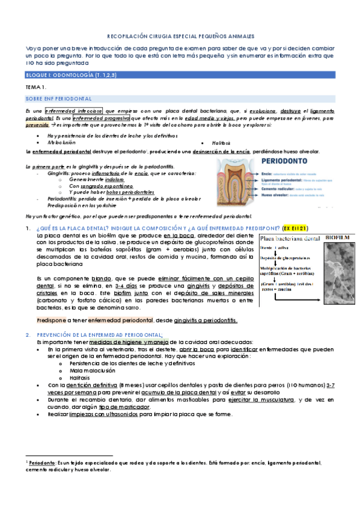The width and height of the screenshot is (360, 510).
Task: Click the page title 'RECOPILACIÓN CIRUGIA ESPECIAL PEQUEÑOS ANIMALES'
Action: pos(180,35)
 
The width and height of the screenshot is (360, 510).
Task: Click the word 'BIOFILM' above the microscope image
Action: pos(337,238)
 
